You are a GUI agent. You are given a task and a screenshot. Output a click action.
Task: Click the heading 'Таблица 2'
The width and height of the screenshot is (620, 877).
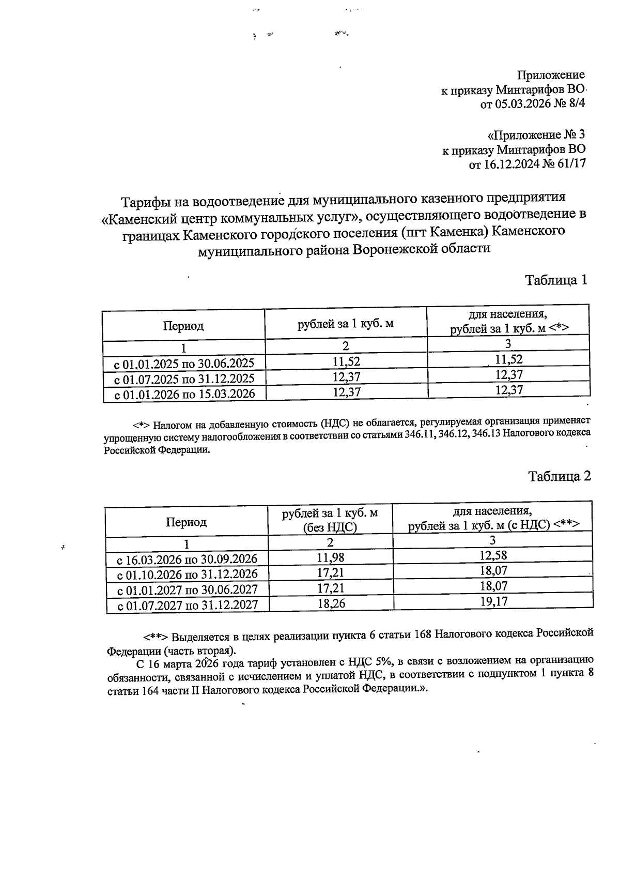click(559, 476)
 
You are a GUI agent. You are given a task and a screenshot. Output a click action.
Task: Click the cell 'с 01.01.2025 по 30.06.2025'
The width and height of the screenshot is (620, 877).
click(184, 362)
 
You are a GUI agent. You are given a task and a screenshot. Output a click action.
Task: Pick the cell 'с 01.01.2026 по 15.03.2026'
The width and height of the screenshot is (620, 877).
click(184, 394)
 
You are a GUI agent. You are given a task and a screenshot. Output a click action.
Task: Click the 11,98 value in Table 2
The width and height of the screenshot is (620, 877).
click(330, 557)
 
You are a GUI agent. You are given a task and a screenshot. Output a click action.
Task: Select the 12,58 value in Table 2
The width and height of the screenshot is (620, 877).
click(493, 555)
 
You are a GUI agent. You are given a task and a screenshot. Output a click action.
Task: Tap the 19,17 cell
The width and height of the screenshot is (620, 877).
click(493, 602)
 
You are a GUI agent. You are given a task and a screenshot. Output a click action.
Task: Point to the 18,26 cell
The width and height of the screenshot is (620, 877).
click(331, 603)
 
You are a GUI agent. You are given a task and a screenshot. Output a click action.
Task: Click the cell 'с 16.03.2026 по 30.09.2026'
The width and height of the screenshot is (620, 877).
click(187, 560)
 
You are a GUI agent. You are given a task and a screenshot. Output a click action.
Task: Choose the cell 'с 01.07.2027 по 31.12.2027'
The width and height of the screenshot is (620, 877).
click(187, 605)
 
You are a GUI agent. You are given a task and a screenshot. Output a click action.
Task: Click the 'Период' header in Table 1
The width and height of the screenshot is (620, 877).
click(183, 326)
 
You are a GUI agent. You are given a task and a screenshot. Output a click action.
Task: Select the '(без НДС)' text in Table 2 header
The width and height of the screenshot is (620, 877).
click(330, 527)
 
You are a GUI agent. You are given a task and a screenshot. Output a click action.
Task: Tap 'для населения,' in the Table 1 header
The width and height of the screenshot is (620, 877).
click(508, 314)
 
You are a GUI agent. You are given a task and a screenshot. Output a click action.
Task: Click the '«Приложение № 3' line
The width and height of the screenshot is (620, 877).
click(537, 135)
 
